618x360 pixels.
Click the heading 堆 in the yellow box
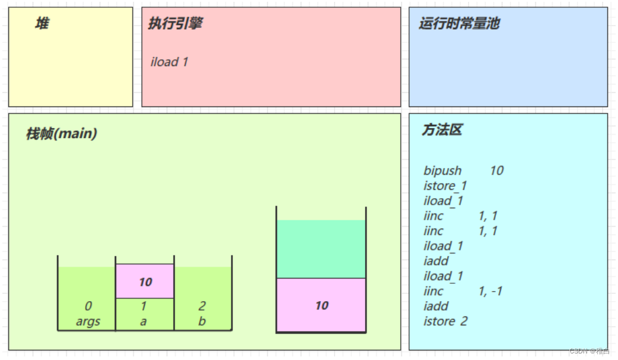tap(42, 24)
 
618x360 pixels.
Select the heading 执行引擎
tap(176, 23)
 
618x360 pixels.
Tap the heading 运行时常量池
tap(459, 23)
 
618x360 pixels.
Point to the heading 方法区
tap(442, 130)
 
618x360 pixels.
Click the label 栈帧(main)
tap(61, 133)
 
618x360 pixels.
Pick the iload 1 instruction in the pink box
tap(169, 62)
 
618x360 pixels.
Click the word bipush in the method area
tap(442, 171)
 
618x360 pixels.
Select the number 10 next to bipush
tap(497, 171)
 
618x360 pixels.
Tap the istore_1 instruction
tap(445, 186)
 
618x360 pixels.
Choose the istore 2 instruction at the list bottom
tap(445, 321)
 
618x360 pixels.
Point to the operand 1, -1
tap(491, 291)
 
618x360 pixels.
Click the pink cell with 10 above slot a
tap(145, 281)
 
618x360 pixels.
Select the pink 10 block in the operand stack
tap(322, 305)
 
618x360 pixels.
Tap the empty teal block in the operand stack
tap(322, 249)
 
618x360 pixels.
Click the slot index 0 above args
tap(88, 306)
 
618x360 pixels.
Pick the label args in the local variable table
tap(88, 321)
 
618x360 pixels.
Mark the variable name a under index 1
tap(143, 321)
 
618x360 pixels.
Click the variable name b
tap(202, 321)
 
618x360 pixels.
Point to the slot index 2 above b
tap(202, 306)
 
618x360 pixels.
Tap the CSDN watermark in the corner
tap(589, 351)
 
